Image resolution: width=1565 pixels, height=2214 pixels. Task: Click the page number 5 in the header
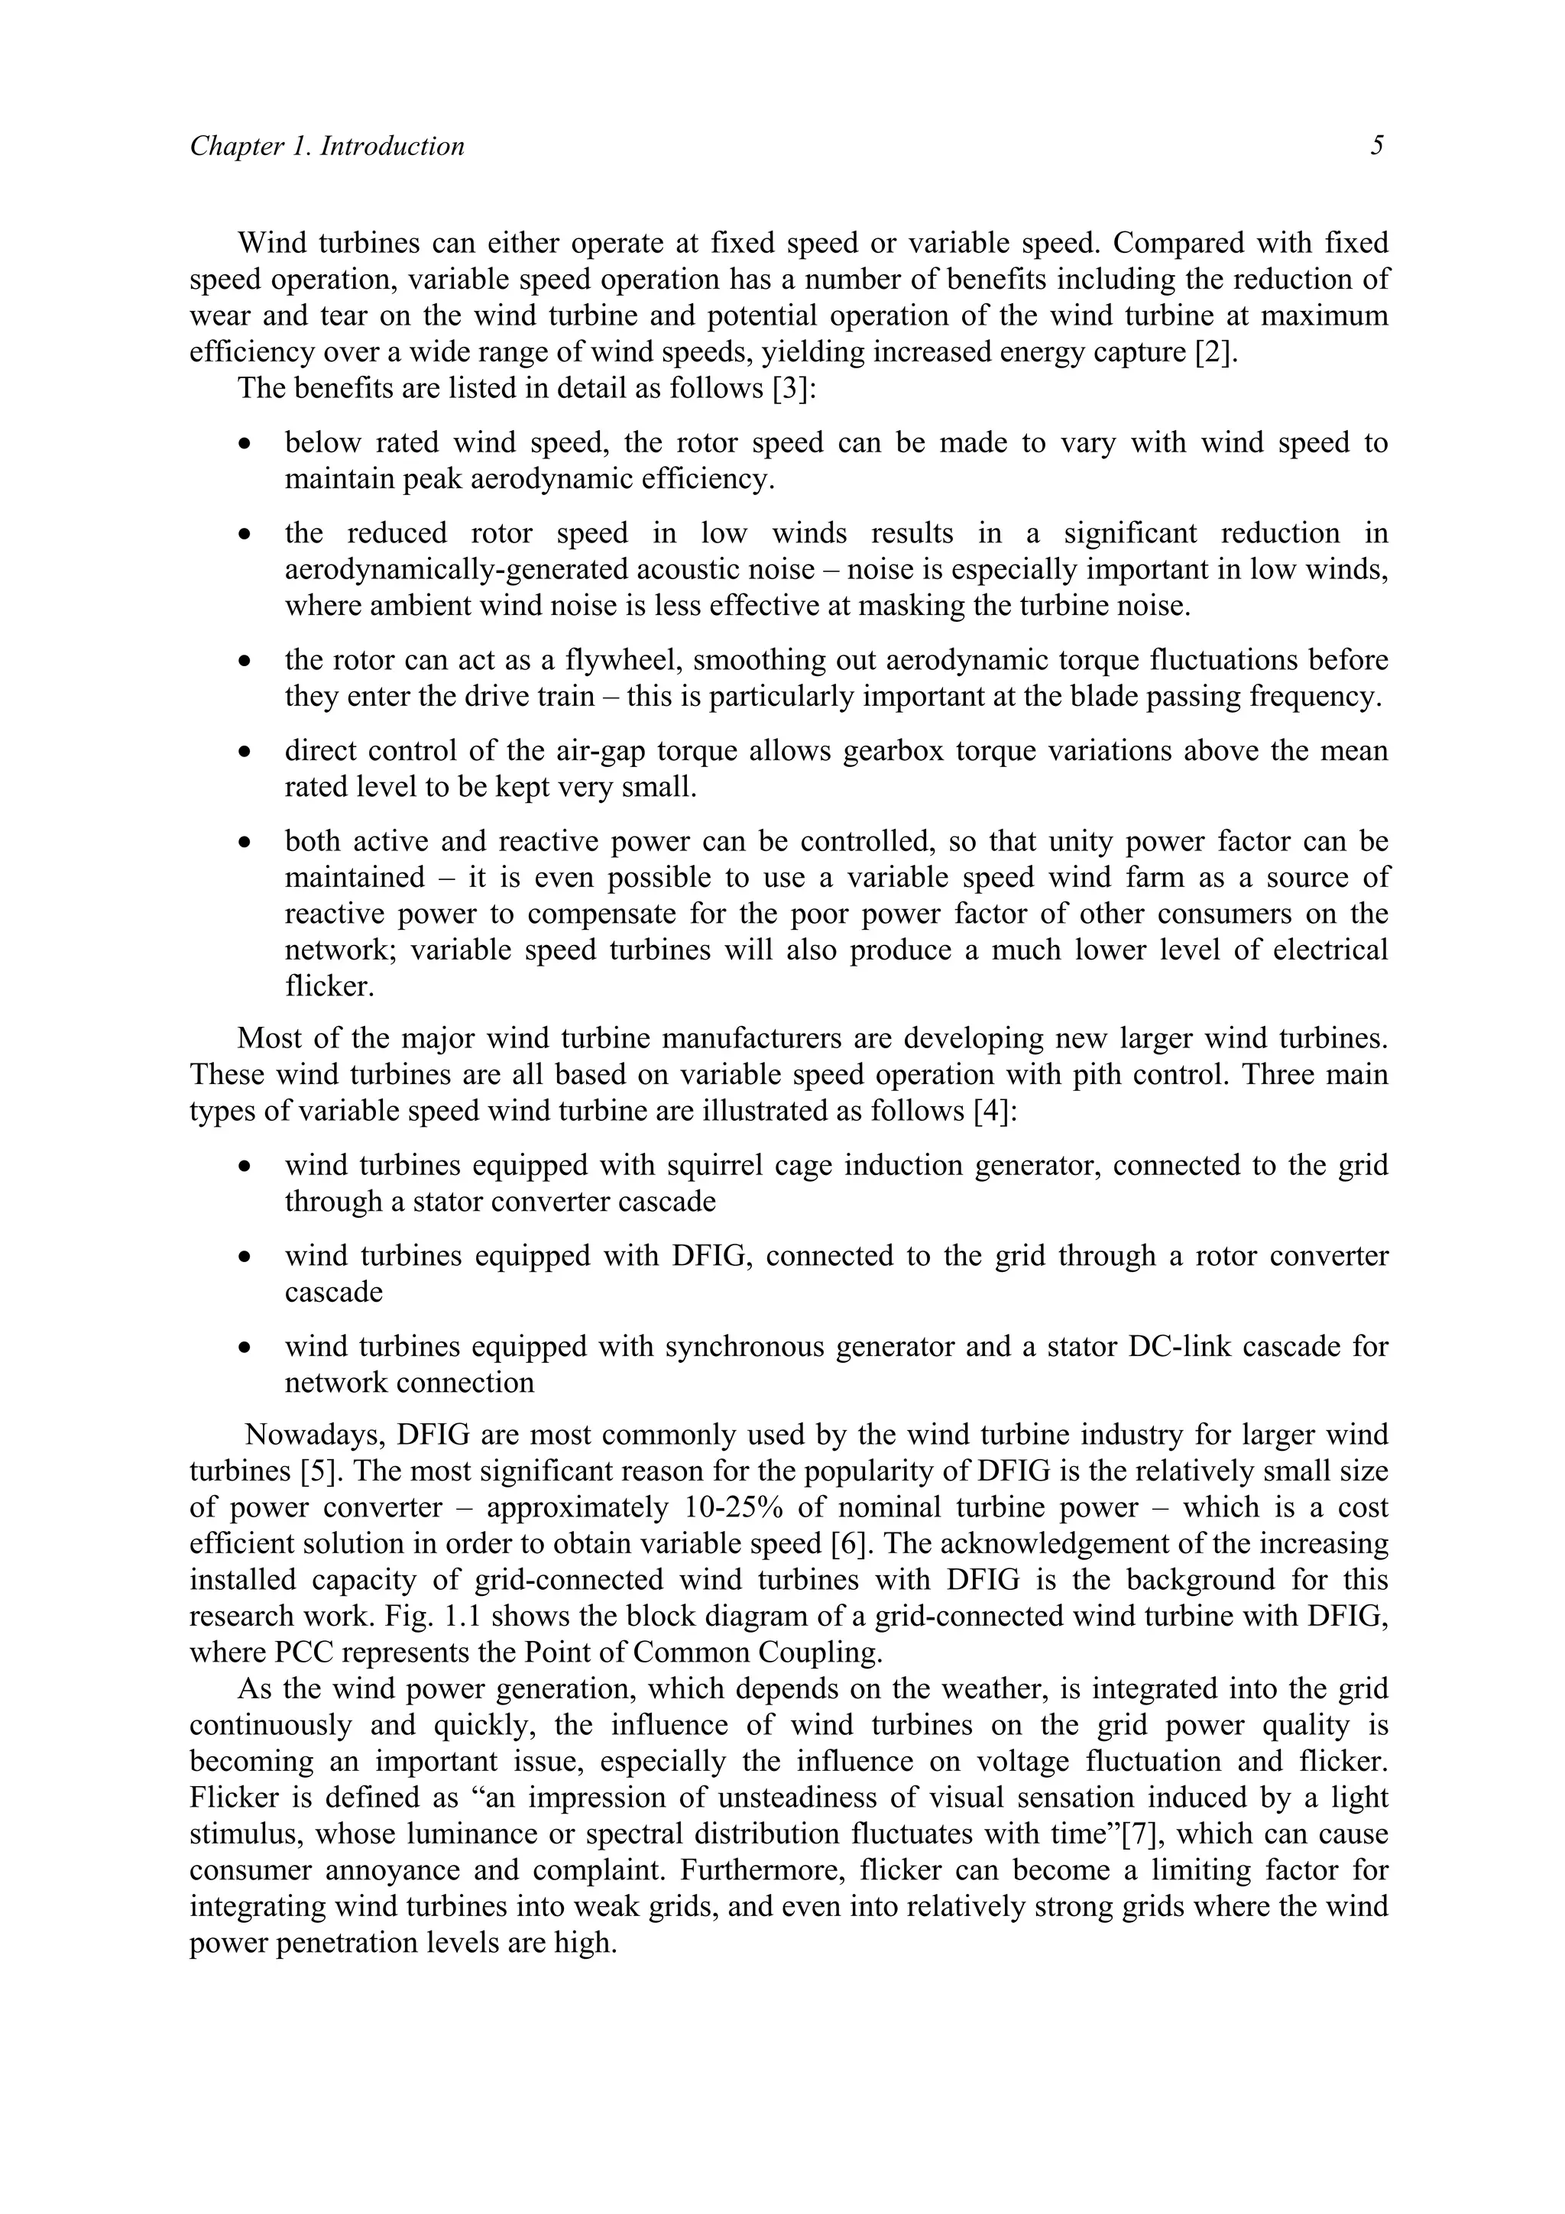[1377, 147]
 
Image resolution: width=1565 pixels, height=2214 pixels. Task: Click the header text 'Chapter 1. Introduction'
[327, 147]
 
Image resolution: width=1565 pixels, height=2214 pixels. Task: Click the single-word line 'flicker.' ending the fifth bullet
[329, 986]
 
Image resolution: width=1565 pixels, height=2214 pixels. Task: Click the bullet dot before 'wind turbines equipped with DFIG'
[248, 1258]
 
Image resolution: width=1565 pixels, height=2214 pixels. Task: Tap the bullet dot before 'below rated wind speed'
[248, 445]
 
